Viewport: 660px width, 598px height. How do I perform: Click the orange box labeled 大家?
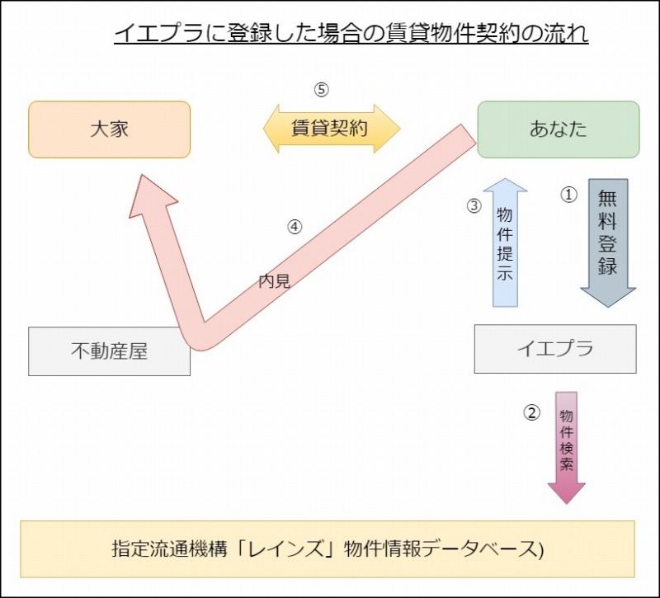(109, 129)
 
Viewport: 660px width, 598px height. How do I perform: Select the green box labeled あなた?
(559, 129)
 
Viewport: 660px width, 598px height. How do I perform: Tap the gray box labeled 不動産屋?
(109, 351)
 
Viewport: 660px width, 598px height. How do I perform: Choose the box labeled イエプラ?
(554, 349)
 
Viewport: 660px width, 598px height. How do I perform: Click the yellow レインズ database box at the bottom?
(328, 549)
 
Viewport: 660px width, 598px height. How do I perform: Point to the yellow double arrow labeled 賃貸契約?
(331, 129)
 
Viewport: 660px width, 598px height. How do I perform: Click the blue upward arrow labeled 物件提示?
(505, 243)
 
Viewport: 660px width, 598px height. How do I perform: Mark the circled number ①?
(568, 195)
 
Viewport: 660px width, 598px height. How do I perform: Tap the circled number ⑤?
(322, 89)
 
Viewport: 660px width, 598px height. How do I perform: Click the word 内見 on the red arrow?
(274, 281)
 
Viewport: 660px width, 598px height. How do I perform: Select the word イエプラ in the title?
(149, 35)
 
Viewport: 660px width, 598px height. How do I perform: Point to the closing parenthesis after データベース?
(541, 549)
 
